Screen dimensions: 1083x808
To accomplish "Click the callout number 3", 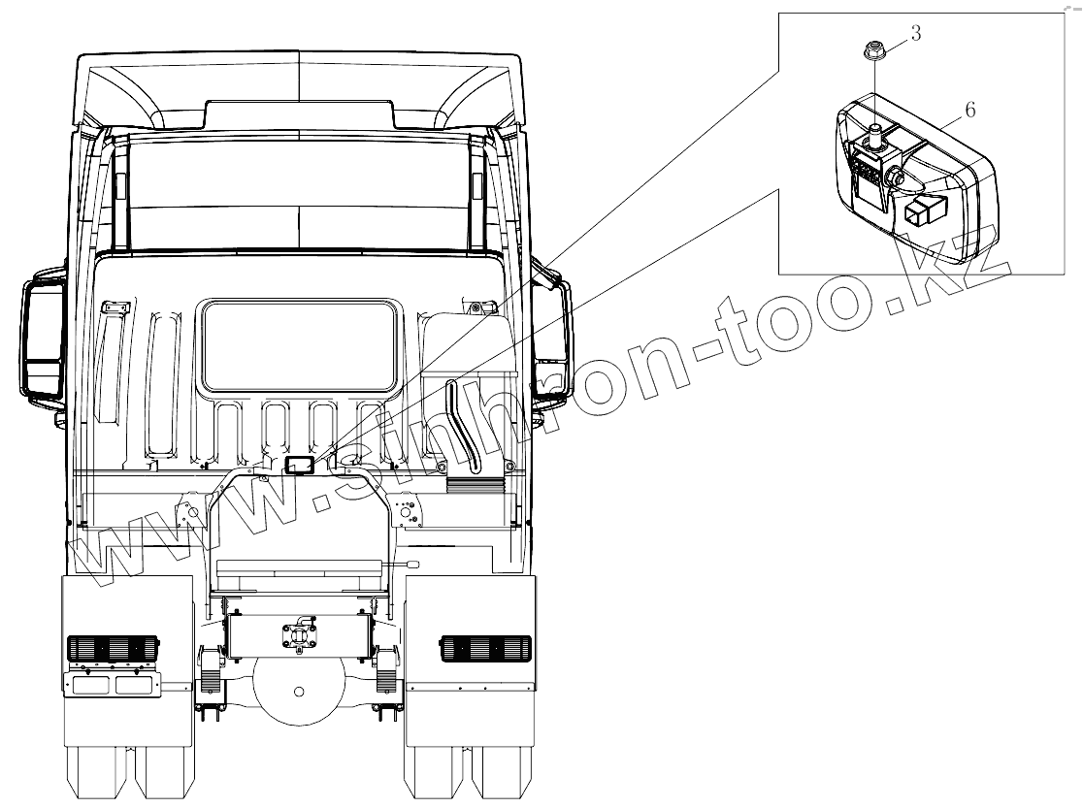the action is [x=915, y=33].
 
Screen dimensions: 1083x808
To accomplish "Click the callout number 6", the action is [x=969, y=110].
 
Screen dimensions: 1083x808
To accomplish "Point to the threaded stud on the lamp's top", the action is [x=873, y=131].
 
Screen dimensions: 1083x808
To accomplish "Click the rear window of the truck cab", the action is [x=299, y=341].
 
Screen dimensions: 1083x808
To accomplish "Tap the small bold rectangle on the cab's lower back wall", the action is [x=299, y=465].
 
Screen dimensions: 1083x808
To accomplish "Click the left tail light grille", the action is [x=111, y=648].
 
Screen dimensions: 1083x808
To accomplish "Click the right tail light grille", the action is [x=485, y=648].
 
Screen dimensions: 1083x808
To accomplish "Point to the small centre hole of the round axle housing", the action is [x=298, y=691].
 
